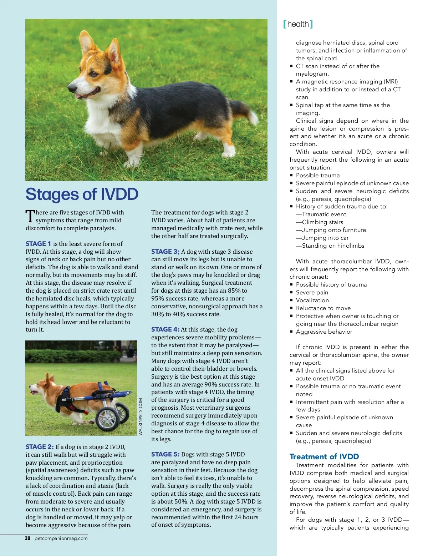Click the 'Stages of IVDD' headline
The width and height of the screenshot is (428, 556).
82,194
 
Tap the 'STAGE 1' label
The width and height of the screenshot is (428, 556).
38,244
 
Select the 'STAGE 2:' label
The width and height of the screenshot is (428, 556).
40,447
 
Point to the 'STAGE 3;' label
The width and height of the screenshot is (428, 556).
165,252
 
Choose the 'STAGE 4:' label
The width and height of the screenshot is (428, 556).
165,329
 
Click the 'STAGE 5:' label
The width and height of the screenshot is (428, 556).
165,454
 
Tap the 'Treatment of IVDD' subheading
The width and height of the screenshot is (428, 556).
324,457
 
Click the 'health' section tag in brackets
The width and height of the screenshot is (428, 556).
298,24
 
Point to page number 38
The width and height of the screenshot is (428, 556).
27,539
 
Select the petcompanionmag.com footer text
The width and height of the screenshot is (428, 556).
61,539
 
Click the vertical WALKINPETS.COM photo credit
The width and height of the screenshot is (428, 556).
141,416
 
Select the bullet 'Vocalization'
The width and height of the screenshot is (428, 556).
312,300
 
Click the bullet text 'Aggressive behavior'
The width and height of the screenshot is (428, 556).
324,332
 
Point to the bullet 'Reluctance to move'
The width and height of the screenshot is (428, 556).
323,308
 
